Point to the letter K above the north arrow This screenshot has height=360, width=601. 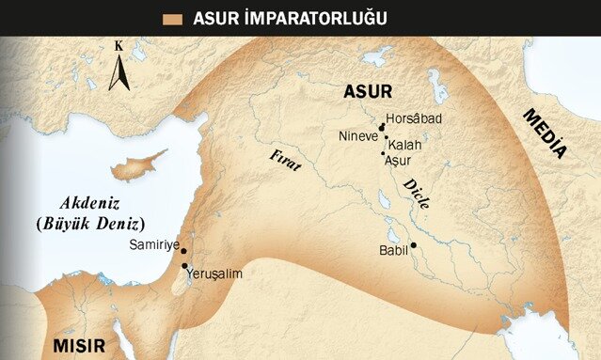119,45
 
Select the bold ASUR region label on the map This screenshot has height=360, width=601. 368,91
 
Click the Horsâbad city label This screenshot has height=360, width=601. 414,118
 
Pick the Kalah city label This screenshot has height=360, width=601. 404,146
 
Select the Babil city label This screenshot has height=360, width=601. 393,251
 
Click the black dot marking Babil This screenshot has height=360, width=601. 413,245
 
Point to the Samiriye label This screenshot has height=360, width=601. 153,244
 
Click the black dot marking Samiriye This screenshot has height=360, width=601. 182,251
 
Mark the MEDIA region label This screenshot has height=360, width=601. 545,133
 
